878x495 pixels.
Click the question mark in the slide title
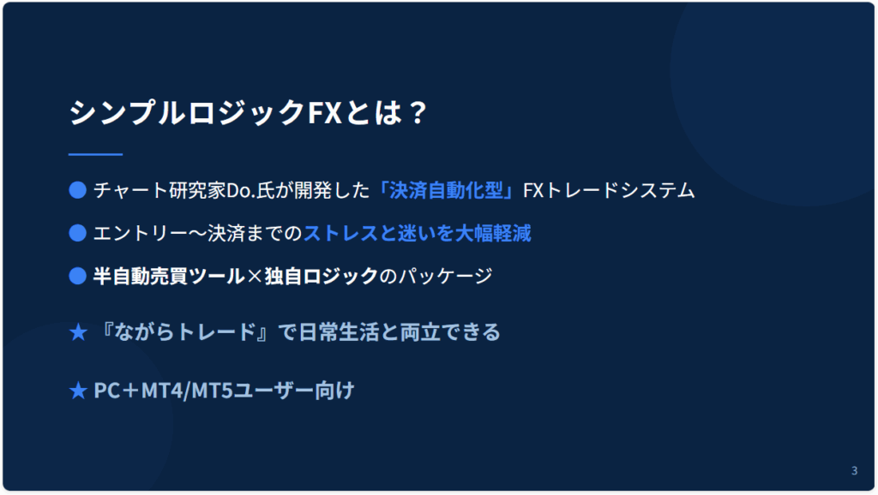(x=418, y=112)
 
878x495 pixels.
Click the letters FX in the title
(x=325, y=112)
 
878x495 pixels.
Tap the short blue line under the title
(x=95, y=154)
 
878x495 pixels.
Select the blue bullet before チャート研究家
(x=77, y=190)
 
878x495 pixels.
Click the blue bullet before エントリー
(x=77, y=233)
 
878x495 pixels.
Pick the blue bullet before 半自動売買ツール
(x=77, y=276)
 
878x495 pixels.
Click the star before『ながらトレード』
(x=78, y=332)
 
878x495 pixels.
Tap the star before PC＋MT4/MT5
(x=78, y=391)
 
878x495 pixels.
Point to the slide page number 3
(x=854, y=470)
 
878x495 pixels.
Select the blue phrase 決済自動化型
(x=446, y=191)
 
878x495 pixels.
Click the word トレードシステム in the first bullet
(x=619, y=191)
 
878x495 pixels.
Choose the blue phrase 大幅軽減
(x=493, y=233)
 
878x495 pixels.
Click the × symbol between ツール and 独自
(x=255, y=277)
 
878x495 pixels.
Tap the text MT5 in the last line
(x=213, y=391)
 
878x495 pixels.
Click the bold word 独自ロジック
(x=322, y=277)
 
